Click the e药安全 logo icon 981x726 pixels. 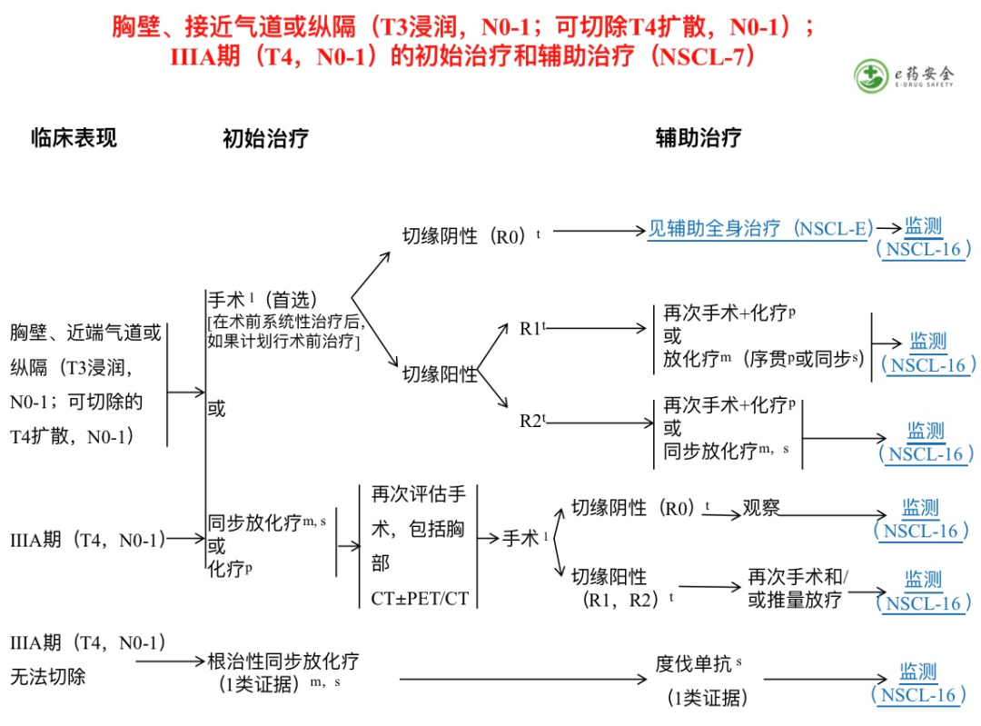[873, 75]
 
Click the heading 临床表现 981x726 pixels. [74, 138]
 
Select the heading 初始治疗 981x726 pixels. [265, 138]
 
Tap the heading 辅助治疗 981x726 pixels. [698, 138]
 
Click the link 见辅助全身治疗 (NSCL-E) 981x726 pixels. [759, 229]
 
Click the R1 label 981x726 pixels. [531, 329]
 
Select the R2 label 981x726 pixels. [531, 421]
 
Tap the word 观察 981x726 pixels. [761, 508]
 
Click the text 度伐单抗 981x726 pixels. [693, 664]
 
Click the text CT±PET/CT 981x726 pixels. [420, 599]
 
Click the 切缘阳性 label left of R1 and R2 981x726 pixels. [440, 373]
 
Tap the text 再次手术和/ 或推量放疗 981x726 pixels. [797, 588]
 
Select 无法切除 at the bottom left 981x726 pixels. [48, 676]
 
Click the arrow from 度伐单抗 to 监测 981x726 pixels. [825, 679]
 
